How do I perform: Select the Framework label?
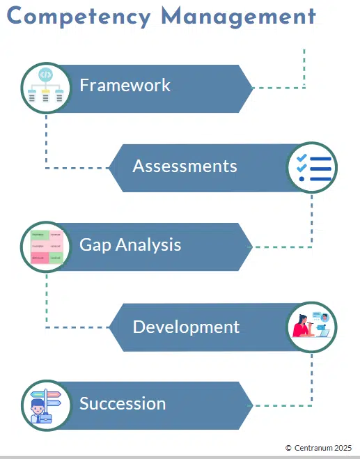[x=125, y=86]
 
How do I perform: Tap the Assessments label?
[x=185, y=166]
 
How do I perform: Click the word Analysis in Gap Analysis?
[x=148, y=245]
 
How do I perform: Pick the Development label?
[x=186, y=327]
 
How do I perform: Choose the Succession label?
[x=123, y=403]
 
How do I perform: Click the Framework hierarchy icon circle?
[x=46, y=88]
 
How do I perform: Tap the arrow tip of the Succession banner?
[x=251, y=405]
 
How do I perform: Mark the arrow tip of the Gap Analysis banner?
[x=251, y=247]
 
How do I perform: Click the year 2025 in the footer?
[x=343, y=448]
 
